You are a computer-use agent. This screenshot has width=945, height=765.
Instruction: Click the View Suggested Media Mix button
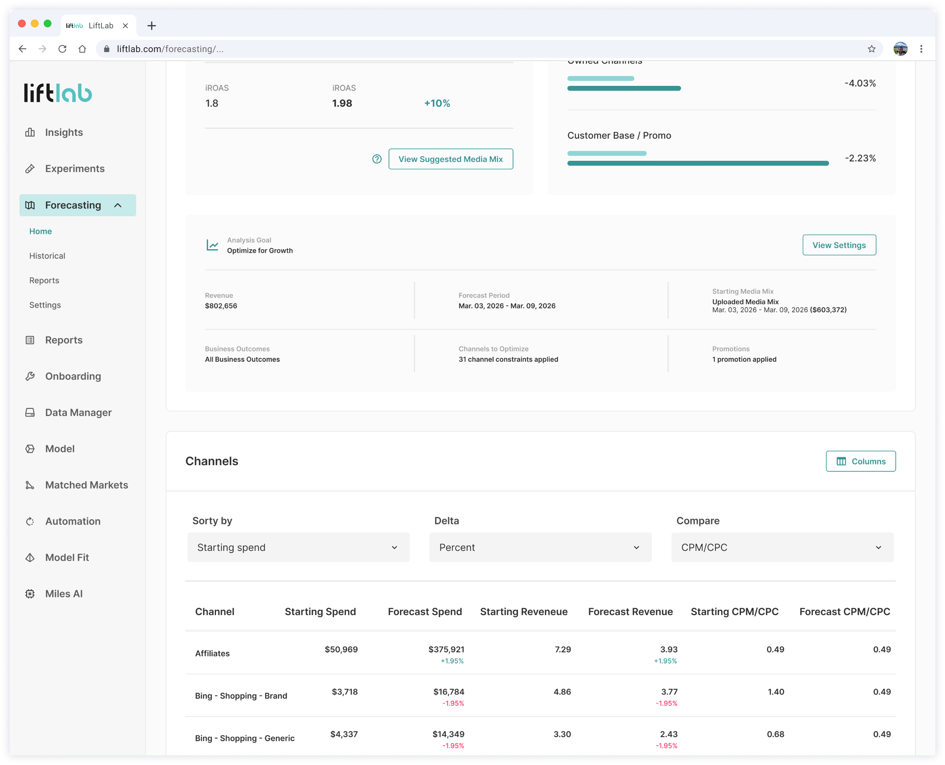(450, 159)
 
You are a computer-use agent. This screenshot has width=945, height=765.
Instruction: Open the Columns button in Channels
(860, 461)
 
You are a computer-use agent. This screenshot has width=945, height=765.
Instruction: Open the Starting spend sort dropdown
(298, 547)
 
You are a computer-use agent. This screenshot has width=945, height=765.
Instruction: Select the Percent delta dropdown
(540, 547)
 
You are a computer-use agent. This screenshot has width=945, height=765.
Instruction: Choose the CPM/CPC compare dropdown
(782, 547)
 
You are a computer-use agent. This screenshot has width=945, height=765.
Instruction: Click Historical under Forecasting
(47, 256)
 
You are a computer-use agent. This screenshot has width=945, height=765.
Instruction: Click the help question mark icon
(377, 159)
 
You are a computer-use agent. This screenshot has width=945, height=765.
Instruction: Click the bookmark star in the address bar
(871, 49)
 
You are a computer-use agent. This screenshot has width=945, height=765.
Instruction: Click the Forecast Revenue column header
(630, 612)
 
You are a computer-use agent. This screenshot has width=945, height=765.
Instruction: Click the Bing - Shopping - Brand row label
(241, 696)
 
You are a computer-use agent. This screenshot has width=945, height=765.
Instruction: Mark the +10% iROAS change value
(437, 103)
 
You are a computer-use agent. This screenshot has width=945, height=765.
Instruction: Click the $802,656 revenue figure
(221, 306)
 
